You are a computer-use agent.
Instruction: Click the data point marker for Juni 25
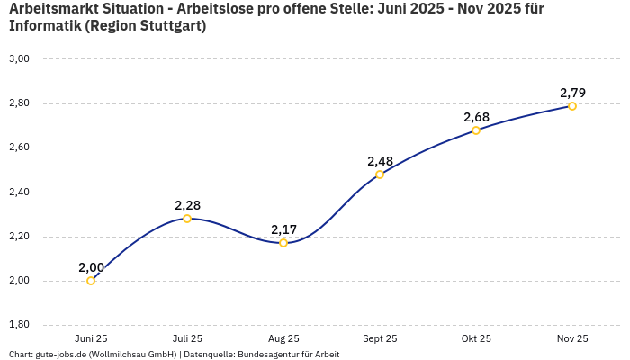(x=91, y=281)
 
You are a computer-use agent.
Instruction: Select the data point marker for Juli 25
(x=187, y=219)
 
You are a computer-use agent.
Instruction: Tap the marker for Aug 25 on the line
(x=283, y=243)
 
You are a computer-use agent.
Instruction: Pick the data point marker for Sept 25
(x=380, y=175)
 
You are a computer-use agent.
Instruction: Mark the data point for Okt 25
(x=476, y=130)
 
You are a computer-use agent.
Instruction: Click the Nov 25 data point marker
(x=572, y=106)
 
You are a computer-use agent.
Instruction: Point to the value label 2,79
(x=572, y=93)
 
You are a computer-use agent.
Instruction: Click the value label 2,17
(x=283, y=229)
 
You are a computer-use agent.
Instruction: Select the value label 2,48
(x=380, y=161)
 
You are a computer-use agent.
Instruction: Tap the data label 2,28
(x=187, y=205)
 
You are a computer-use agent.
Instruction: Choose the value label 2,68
(x=476, y=117)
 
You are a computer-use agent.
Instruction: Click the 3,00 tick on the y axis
(x=19, y=59)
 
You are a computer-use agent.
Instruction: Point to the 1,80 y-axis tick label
(x=19, y=325)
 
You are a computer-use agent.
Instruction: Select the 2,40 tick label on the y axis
(x=19, y=193)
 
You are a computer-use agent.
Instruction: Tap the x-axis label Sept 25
(x=380, y=339)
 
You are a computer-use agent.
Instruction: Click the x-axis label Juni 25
(x=91, y=339)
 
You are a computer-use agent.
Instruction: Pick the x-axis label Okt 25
(x=476, y=339)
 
